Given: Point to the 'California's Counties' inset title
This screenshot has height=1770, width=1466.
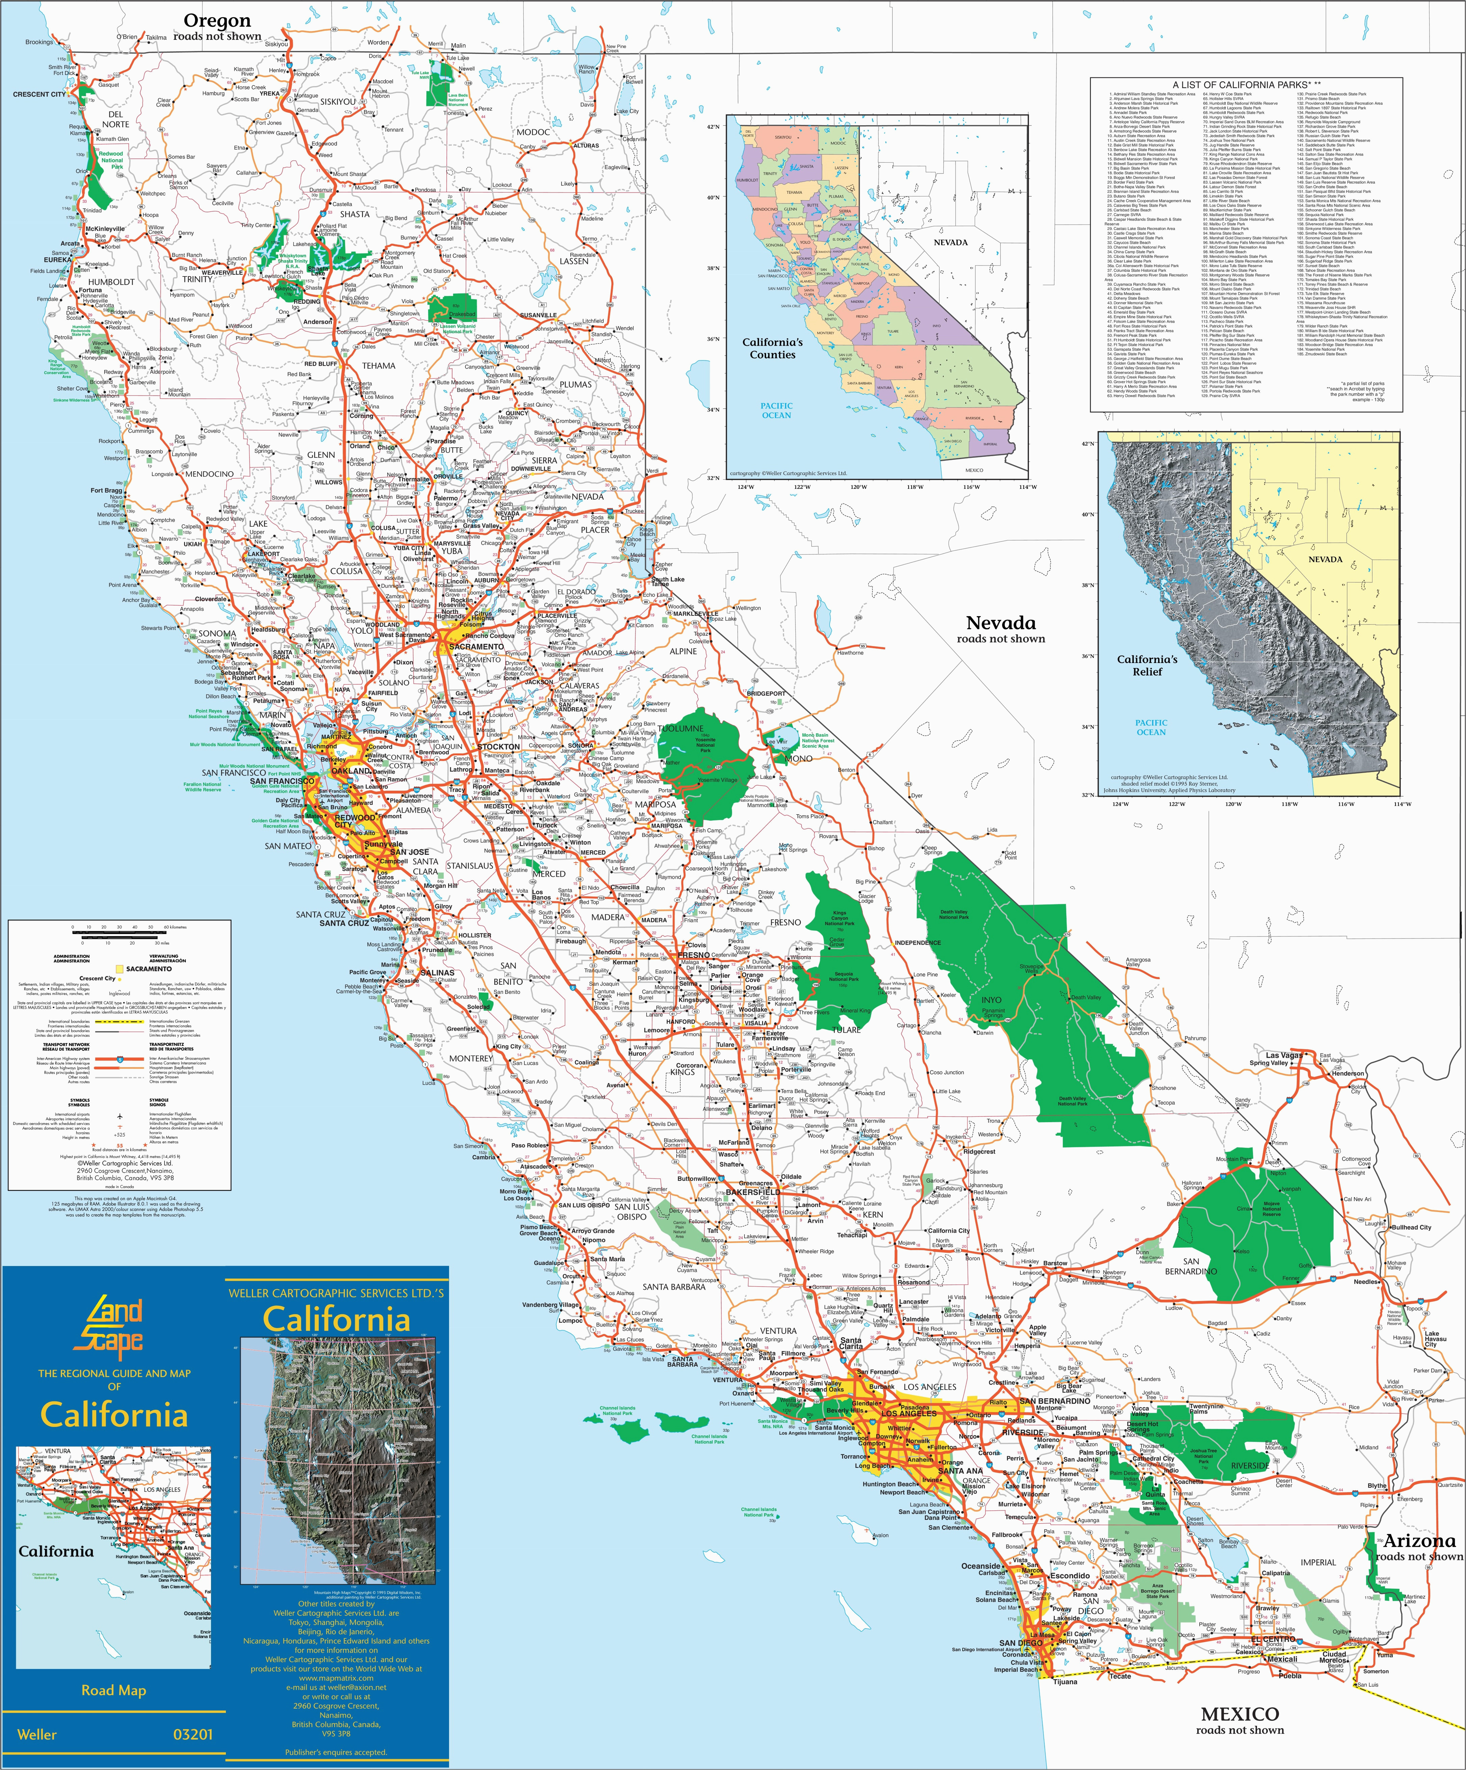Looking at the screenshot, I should [x=772, y=348].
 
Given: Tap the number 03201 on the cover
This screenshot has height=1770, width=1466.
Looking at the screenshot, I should [x=192, y=1734].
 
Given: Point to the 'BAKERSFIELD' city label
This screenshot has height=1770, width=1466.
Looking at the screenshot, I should [x=753, y=1193].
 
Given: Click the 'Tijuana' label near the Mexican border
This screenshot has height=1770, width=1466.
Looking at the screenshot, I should [x=1065, y=1682].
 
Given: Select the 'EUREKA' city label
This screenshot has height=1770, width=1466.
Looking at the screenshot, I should [x=58, y=260].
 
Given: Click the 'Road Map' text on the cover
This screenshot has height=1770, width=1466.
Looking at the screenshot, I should [x=114, y=1690].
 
